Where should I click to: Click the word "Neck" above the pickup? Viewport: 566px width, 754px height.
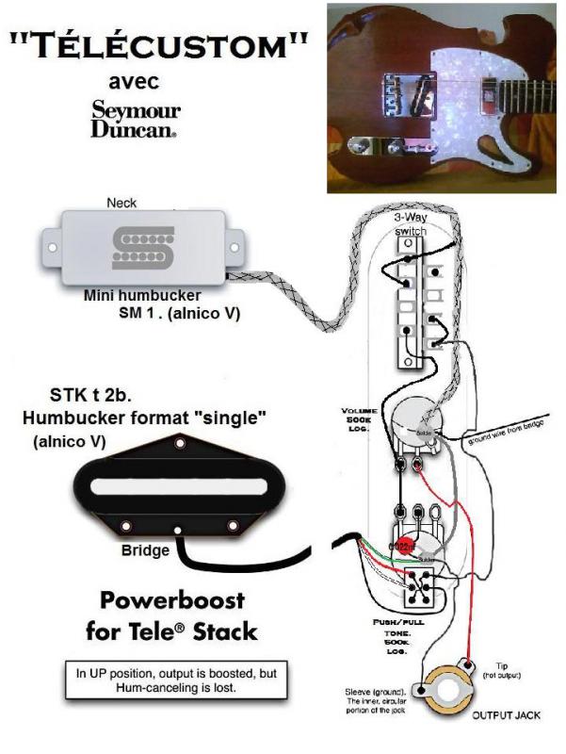(x=121, y=203)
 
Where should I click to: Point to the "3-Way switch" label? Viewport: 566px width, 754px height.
(x=410, y=222)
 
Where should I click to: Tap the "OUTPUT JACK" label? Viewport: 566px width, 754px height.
(x=505, y=716)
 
